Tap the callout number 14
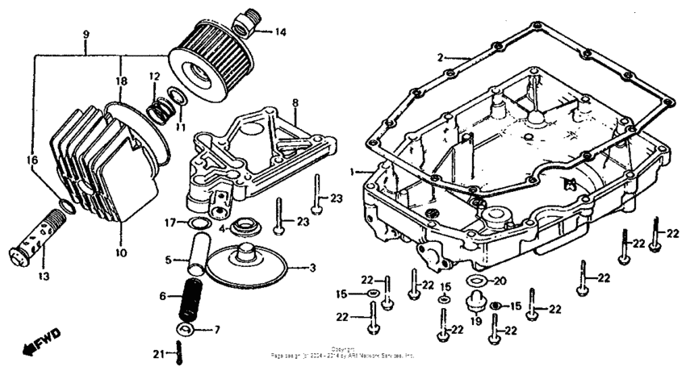(x=280, y=32)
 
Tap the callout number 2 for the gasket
(x=441, y=57)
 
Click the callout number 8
(x=295, y=103)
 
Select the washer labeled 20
(x=476, y=281)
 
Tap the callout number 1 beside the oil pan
(x=353, y=172)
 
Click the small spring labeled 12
(x=162, y=105)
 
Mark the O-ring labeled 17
(x=195, y=223)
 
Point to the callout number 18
(x=120, y=81)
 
